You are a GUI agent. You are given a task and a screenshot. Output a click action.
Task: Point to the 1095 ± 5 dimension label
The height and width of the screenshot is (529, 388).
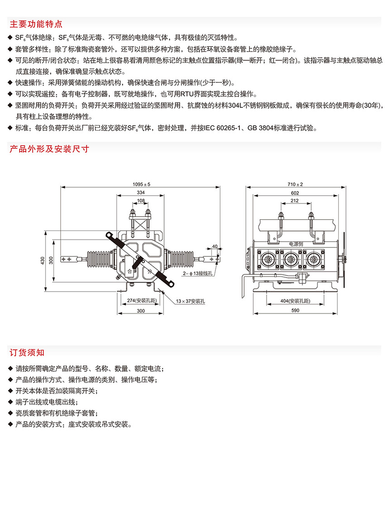[141, 184]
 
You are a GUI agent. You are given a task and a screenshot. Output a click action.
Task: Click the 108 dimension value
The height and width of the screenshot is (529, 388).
[141, 200]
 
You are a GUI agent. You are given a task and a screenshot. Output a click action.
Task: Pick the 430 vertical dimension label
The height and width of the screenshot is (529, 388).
[43, 261]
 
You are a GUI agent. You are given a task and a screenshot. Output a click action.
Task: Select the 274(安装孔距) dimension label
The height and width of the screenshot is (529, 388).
[137, 301]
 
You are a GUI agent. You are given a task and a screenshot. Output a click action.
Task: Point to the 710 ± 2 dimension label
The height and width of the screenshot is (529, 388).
[295, 184]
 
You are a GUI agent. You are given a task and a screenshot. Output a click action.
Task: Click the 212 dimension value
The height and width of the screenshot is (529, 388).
[295, 200]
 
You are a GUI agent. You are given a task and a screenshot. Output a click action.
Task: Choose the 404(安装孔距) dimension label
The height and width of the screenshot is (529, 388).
[295, 301]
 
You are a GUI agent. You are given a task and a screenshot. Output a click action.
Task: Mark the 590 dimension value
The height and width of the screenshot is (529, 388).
[295, 311]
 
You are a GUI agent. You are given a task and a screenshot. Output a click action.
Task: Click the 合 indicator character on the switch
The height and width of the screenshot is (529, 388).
[130, 271]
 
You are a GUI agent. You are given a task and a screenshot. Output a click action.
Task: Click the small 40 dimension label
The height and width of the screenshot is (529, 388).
[215, 246]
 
